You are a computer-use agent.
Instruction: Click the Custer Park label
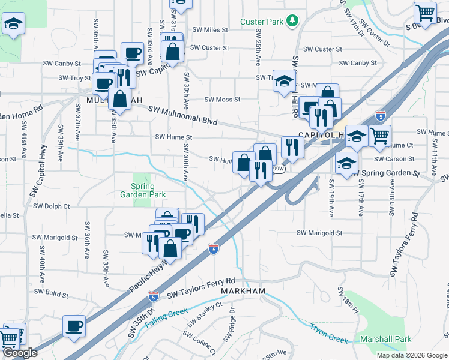[261, 22]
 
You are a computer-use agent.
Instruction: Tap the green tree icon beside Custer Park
[293, 22]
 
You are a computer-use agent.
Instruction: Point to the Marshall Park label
[386, 339]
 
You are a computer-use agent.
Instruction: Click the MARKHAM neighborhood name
[243, 291]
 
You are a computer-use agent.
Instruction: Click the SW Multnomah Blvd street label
[182, 115]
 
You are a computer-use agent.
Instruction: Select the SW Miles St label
[210, 29]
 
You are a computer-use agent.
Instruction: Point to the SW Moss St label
[222, 100]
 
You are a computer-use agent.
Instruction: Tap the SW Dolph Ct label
[52, 206]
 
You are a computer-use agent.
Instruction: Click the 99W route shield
[279, 169]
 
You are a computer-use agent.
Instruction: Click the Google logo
[20, 353]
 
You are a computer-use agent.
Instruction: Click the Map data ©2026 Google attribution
[412, 355]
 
